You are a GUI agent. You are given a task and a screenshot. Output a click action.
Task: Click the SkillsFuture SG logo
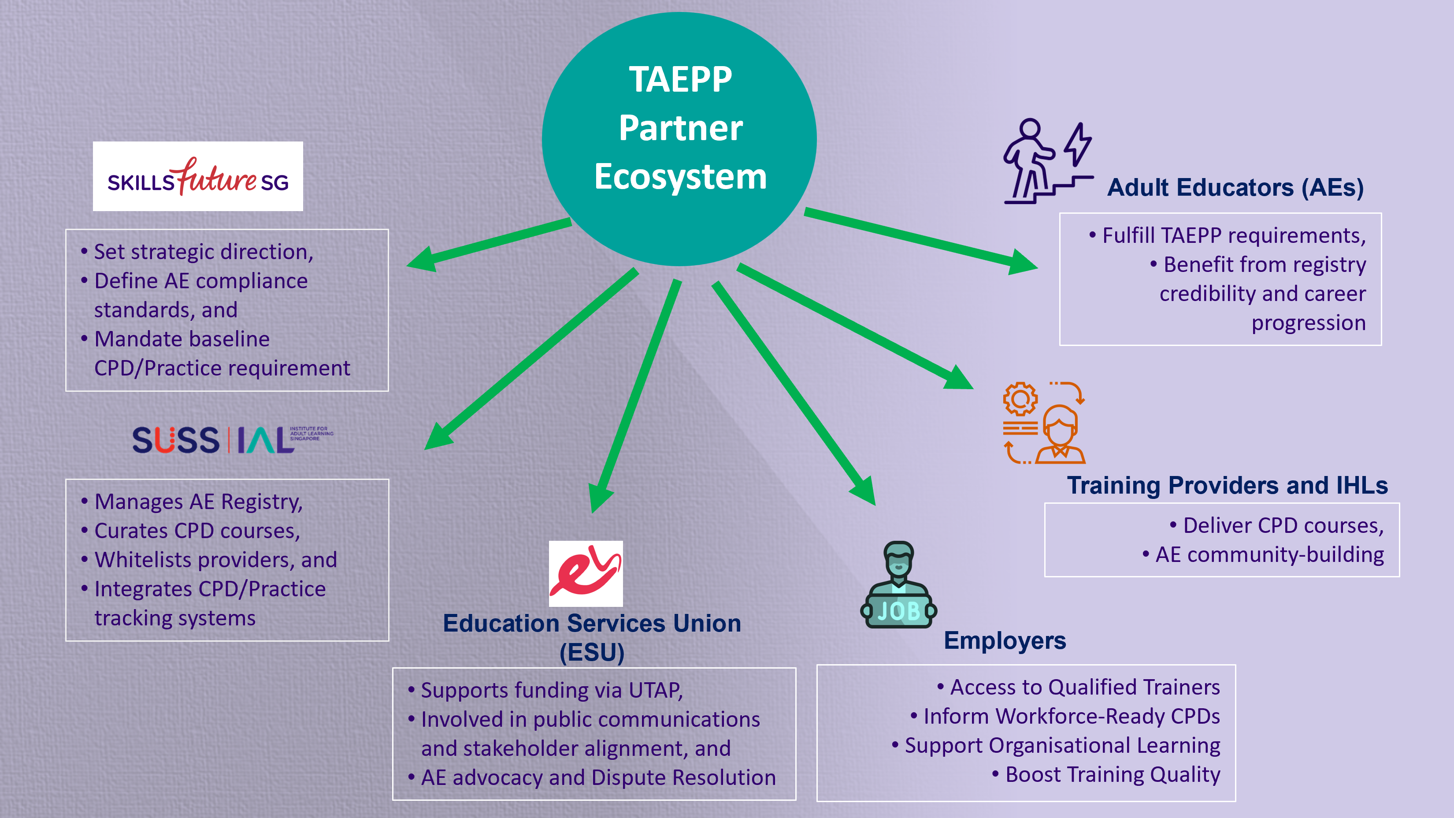(x=197, y=176)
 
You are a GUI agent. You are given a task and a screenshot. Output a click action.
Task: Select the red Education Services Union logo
(x=586, y=573)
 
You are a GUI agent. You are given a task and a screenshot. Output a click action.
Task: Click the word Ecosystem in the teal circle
(x=680, y=176)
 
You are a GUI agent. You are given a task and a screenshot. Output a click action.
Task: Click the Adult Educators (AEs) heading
(x=1235, y=187)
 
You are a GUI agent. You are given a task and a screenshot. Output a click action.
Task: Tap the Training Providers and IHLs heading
(x=1227, y=486)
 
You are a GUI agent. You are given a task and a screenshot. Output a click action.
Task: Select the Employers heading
(x=1005, y=641)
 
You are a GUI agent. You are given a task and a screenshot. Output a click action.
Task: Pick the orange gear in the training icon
(x=1020, y=399)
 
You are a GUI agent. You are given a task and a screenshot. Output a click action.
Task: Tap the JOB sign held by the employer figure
(x=898, y=611)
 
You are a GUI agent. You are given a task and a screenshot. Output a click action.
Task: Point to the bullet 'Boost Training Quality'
(x=1112, y=774)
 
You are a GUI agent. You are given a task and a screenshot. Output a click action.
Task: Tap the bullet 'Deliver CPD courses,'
(x=1283, y=526)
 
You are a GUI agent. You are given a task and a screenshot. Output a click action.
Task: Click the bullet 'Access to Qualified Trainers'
(x=1084, y=687)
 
